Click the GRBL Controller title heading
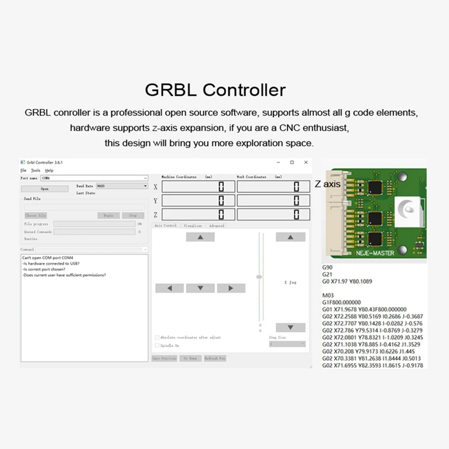(215, 90)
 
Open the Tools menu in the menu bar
(35, 170)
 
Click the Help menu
(49, 170)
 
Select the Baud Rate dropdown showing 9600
(121, 185)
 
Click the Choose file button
(36, 215)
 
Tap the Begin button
(108, 215)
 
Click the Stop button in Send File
(133, 215)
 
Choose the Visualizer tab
(193, 226)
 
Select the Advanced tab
(216, 226)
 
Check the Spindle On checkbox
(157, 346)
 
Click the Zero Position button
(164, 358)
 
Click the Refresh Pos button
(214, 358)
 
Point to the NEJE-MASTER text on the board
(375, 253)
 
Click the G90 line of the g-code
(327, 267)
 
